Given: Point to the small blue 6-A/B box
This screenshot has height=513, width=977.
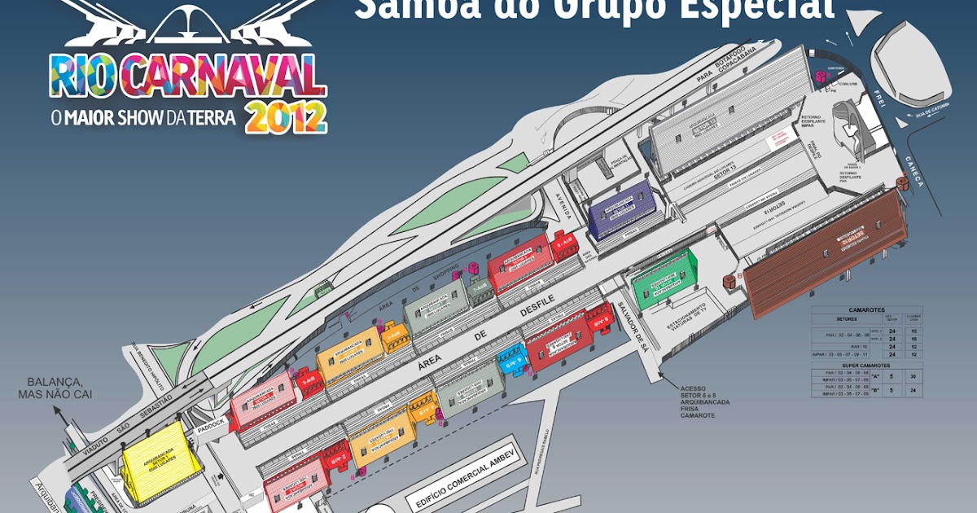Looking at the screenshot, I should (x=512, y=359).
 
